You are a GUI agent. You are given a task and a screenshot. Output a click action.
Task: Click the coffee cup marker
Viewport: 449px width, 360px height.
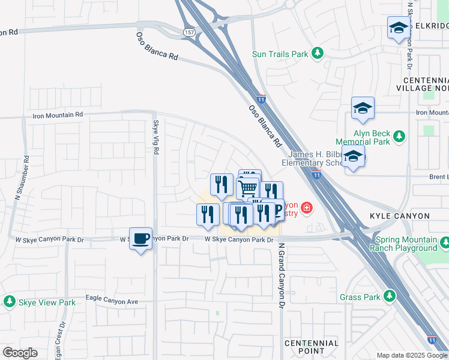[x=140, y=239]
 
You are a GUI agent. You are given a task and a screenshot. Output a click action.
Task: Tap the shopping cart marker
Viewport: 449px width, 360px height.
[x=248, y=189]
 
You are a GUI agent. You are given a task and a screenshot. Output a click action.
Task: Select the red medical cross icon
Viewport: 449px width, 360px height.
[x=307, y=208]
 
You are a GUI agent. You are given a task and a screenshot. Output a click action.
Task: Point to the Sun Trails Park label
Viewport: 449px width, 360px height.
[x=280, y=54]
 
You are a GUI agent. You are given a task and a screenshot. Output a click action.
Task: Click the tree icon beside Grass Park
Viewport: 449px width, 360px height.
[x=390, y=296]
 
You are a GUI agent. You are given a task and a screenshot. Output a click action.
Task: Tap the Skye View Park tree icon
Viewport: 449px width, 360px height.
[x=10, y=302]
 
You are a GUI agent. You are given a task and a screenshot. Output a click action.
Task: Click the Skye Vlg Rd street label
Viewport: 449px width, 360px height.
[x=155, y=137]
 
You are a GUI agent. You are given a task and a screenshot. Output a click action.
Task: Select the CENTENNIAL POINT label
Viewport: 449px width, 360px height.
[x=312, y=347]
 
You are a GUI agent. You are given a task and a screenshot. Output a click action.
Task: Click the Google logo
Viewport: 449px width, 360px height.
[x=20, y=353]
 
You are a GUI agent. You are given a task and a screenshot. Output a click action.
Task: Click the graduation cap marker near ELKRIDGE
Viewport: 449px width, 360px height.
[x=397, y=28]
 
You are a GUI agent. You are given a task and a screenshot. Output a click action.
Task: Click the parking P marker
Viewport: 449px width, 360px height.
[x=277, y=211]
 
